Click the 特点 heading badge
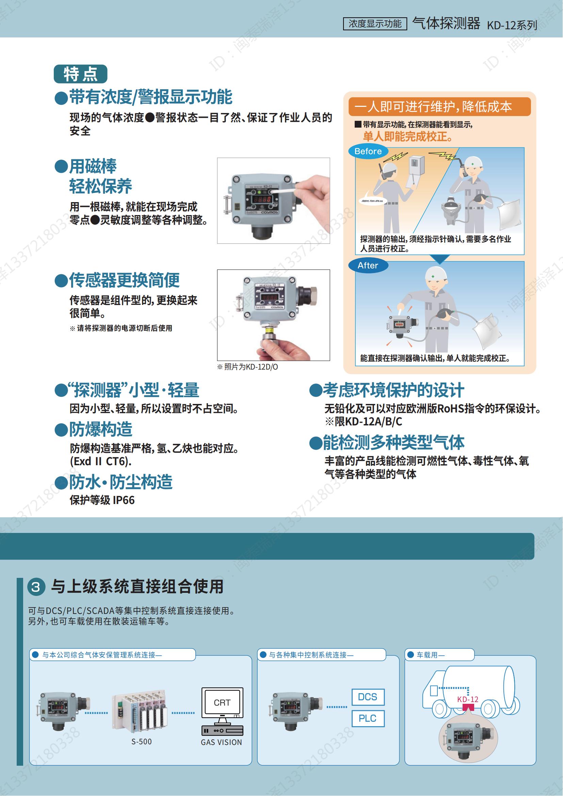[80, 74]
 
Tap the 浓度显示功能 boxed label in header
[375, 23]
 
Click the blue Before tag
[368, 151]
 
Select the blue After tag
[368, 265]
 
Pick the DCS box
[368, 697]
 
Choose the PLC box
[368, 719]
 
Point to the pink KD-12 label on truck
[468, 700]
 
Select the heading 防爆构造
[100, 429]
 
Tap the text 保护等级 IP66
[102, 500]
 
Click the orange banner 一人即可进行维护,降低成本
[439, 107]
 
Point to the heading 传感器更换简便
[124, 280]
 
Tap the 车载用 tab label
[430, 655]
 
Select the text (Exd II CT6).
[100, 461]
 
